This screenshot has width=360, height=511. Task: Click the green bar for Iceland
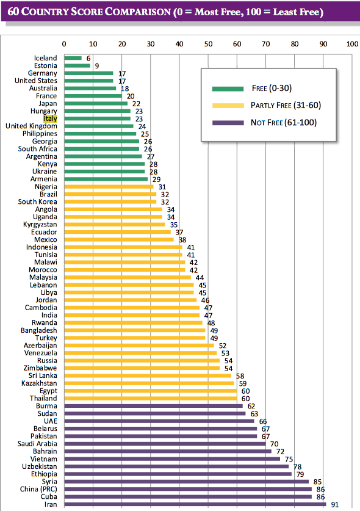pos(73,58)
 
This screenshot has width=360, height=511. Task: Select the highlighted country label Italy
pos(50,118)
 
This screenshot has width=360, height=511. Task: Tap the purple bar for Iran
pos(195,504)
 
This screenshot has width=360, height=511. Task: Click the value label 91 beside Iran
pos(335,504)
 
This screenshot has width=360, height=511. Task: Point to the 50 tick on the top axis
pos(208,44)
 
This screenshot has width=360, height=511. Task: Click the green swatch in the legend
pos(228,89)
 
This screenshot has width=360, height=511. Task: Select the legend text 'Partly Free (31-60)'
pos(286,105)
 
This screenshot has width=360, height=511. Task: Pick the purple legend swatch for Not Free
pos(228,123)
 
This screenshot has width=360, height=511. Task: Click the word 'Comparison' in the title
pos(137,12)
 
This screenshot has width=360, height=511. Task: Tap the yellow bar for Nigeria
pos(109,187)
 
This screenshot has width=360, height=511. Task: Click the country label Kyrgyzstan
pos(40,225)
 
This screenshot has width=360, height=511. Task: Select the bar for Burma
pos(153,406)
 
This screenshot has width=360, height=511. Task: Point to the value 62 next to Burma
pos(251,406)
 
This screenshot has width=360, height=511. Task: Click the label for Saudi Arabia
pos(37,444)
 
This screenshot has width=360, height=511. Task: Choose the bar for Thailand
pos(151,398)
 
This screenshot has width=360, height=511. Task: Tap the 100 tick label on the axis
pos(353,44)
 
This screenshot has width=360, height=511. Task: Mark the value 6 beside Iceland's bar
pos(88,59)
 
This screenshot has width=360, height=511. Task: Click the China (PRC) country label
pos(38,489)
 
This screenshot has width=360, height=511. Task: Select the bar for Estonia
pos(77,65)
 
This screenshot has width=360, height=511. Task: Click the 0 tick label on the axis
pos(64,44)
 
